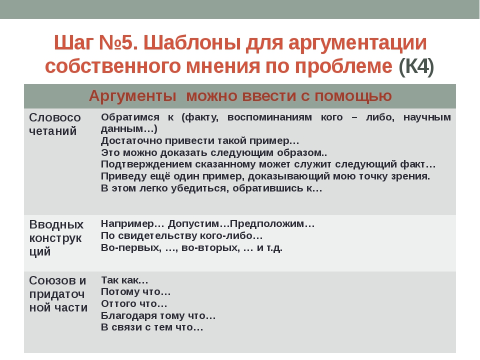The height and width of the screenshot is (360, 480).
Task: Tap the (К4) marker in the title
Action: pyautogui.click(x=416, y=66)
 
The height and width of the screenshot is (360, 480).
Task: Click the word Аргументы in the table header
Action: pyautogui.click(x=132, y=96)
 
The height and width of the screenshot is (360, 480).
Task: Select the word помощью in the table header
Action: pyautogui.click(x=353, y=96)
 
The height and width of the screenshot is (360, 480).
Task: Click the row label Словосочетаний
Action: pyautogui.click(x=55, y=124)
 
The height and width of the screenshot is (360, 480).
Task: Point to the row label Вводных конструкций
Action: pyautogui.click(x=56, y=238)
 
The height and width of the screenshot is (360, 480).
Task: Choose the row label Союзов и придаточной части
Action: pyautogui.click(x=58, y=294)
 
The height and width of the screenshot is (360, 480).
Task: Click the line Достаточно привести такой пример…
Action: pyautogui.click(x=200, y=141)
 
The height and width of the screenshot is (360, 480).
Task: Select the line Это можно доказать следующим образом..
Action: pyautogui.click(x=214, y=152)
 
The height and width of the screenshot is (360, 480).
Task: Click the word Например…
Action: pyautogui.click(x=132, y=224)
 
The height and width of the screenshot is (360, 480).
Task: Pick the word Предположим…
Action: pyautogui.click(x=272, y=224)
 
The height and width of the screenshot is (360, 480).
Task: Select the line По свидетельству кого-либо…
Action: pyautogui.click(x=182, y=235)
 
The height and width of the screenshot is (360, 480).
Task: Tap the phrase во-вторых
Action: pyautogui.click(x=210, y=247)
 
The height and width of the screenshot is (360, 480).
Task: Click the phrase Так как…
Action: pyautogui.click(x=124, y=280)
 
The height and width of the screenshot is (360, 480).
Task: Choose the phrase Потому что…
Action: pyautogui.click(x=136, y=291)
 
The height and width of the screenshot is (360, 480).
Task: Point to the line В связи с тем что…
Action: pyautogui.click(x=152, y=327)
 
